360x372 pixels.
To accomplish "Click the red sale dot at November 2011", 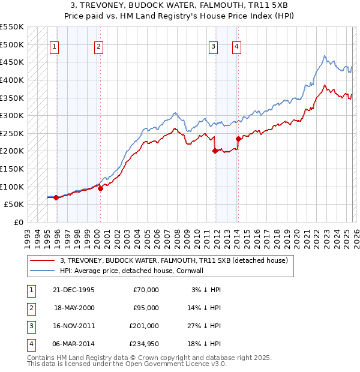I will point(214,151).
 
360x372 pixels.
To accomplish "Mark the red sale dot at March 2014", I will point(238,139).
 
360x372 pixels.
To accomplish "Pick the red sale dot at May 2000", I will point(100,188).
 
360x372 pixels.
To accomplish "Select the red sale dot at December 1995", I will point(56,197).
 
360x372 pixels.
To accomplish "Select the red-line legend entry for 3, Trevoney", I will point(174,260).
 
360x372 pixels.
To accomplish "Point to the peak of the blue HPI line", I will point(325,56).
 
